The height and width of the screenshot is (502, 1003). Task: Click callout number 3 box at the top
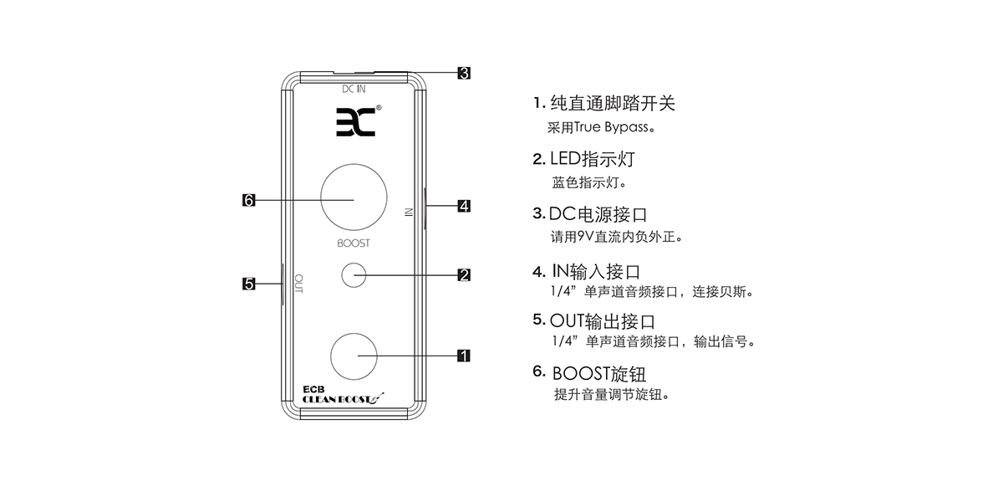coord(464,73)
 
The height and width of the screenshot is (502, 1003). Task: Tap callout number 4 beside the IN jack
coord(464,205)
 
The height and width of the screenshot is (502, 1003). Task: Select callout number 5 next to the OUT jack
coord(248,284)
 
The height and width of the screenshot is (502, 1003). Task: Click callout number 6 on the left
coord(248,200)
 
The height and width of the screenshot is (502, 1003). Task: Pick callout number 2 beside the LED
coord(464,274)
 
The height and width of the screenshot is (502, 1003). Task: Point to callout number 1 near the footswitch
coord(464,355)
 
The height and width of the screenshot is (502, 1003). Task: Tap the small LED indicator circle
coord(354,274)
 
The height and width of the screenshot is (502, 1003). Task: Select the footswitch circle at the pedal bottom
coord(354,355)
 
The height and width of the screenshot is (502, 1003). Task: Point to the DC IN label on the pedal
coord(354,88)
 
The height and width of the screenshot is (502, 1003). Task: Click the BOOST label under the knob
coord(354,243)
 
